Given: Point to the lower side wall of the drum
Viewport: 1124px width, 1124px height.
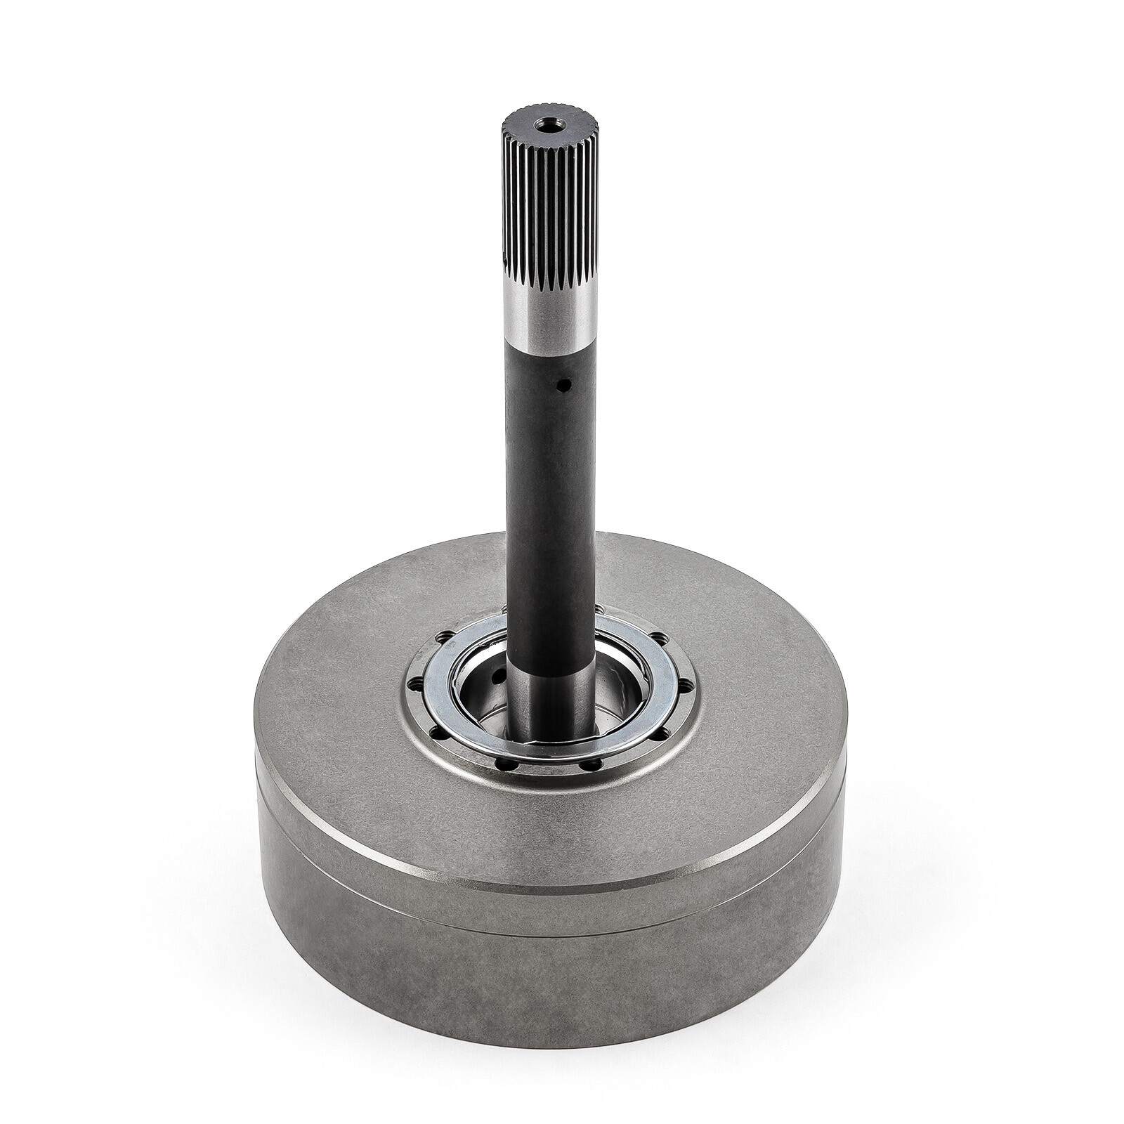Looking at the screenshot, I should point(548,998).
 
